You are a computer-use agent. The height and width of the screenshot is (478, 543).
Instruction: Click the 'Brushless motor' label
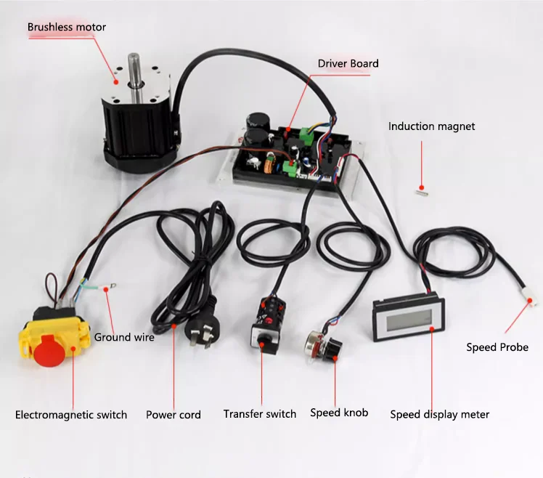click(67, 28)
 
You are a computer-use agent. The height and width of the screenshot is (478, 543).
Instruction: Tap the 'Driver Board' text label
click(348, 63)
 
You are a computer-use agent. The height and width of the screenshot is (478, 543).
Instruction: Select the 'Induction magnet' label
click(431, 126)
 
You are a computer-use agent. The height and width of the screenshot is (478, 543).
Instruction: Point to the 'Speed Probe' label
click(497, 347)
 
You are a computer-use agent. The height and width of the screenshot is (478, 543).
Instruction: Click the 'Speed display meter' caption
click(439, 415)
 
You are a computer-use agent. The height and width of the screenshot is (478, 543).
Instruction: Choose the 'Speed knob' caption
click(339, 413)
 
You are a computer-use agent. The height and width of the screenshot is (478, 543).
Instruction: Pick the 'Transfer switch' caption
click(260, 414)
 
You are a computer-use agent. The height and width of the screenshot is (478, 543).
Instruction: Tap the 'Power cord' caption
click(173, 415)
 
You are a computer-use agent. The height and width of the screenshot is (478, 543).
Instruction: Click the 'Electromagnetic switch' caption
click(71, 415)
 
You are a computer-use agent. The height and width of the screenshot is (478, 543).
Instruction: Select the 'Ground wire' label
click(124, 337)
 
